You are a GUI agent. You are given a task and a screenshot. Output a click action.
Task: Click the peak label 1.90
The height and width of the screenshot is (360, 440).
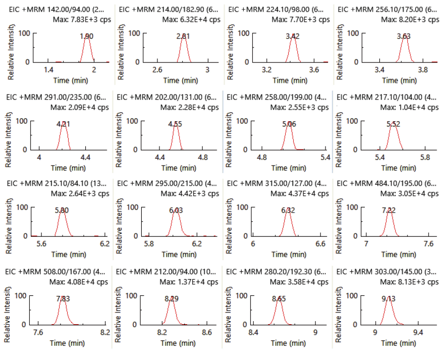pos(86,36)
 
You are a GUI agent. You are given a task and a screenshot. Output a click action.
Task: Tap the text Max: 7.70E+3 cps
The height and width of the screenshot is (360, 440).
pos(301,19)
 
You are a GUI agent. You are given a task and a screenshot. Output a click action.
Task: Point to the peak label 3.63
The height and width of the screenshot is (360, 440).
pos(404,36)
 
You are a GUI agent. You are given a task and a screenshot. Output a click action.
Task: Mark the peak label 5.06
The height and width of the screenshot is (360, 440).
pos(289,124)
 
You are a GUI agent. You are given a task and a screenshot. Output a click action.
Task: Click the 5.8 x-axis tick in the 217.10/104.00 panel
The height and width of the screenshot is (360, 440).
pos(428,158)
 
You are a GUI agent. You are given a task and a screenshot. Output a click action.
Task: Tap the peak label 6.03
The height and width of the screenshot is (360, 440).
pos(176,211)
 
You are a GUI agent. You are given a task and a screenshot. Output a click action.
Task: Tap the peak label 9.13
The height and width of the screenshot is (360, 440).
pos(389,298)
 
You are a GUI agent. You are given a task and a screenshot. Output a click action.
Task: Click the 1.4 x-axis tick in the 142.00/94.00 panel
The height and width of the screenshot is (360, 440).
pos(48,70)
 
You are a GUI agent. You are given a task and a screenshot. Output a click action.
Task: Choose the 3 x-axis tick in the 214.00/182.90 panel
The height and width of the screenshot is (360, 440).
pos(207,70)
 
